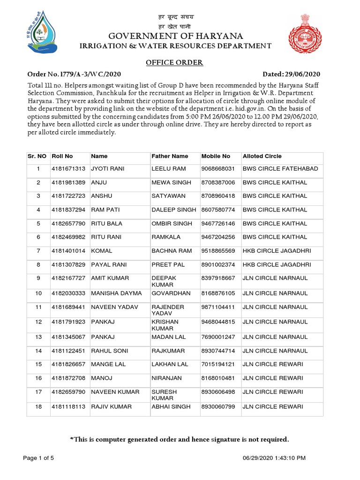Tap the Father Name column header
(x=170, y=156)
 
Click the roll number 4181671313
(x=68, y=168)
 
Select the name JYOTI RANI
(x=107, y=168)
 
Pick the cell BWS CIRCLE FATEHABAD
(x=280, y=168)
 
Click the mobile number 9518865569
(x=218, y=251)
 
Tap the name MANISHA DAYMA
(x=116, y=293)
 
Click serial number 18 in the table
(x=39, y=407)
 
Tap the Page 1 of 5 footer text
(x=39, y=457)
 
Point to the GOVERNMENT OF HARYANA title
(x=176, y=37)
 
